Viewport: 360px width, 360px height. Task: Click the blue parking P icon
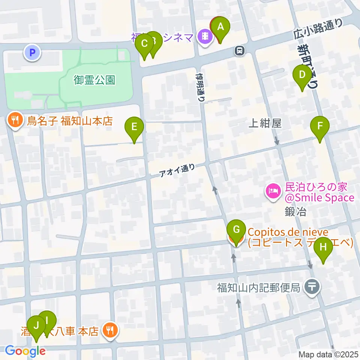(x=32, y=52)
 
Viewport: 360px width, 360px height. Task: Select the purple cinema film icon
(x=205, y=37)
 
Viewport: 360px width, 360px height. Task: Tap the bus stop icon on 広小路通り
(x=239, y=49)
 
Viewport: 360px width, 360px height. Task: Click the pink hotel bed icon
(x=272, y=192)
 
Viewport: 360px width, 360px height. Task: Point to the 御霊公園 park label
(x=94, y=80)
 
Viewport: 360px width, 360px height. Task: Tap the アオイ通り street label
(x=177, y=171)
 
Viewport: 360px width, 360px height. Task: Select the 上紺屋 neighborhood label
(x=265, y=123)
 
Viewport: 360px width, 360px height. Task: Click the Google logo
(x=25, y=351)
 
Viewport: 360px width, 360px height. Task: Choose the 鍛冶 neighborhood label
(x=295, y=212)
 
